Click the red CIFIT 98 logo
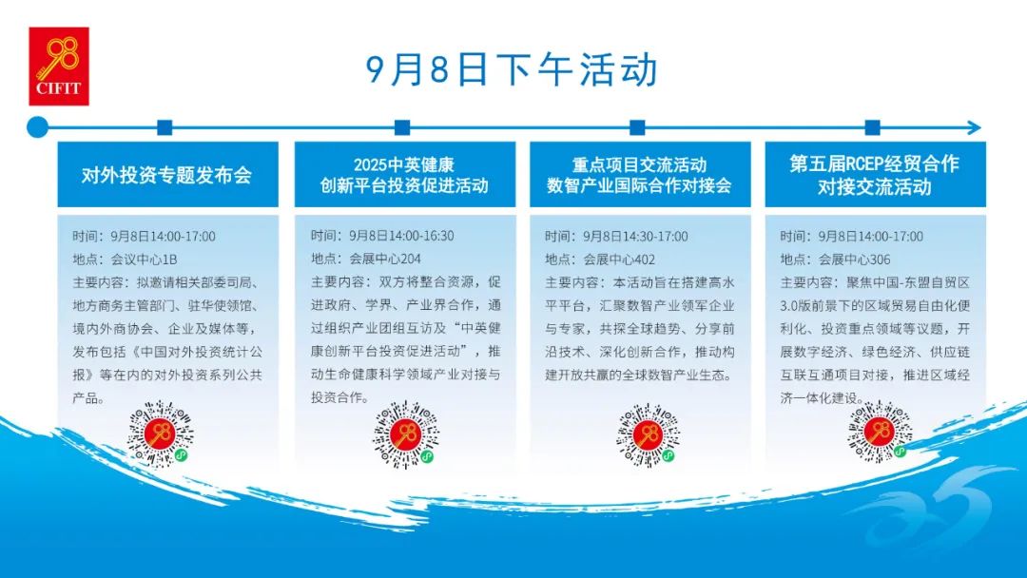point(59,67)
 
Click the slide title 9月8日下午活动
point(512,70)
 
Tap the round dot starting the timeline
point(37,127)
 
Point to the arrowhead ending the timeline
point(974,127)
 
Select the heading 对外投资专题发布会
point(167,175)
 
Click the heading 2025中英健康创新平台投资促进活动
point(404,175)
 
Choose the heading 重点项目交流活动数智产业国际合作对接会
point(639,175)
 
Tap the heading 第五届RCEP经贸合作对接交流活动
point(875,175)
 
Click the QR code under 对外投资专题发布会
point(161,434)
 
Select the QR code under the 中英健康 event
point(405,434)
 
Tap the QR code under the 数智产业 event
point(648,434)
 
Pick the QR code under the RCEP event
point(880,432)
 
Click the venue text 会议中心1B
point(145,260)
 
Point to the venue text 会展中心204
point(385,259)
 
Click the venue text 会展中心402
point(620,260)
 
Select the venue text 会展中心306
point(855,260)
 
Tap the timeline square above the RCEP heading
point(872,127)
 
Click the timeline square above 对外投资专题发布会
point(165,127)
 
